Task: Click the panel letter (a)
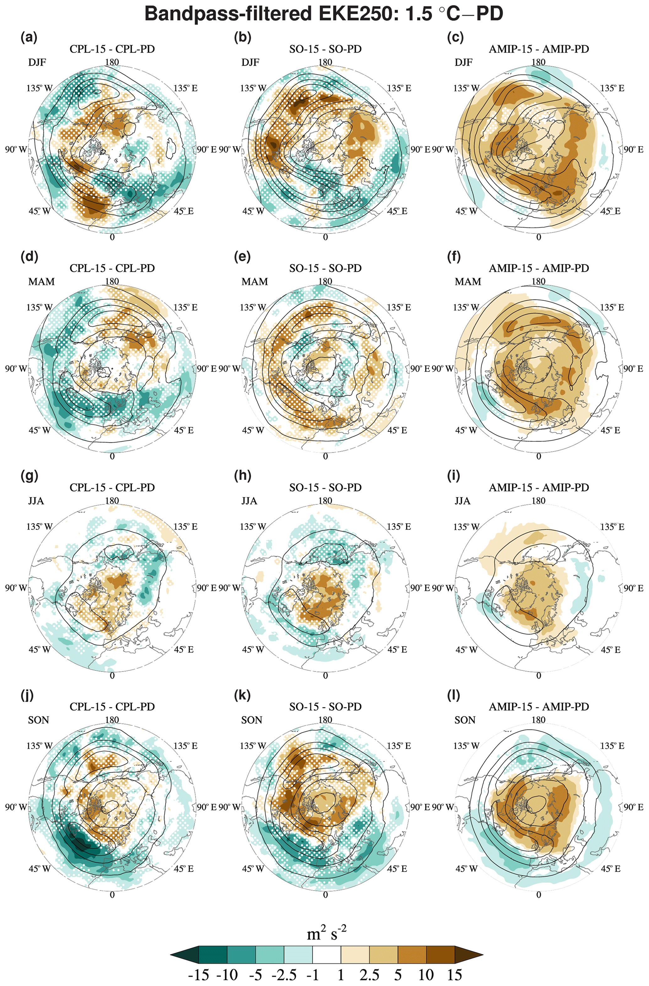[29, 38]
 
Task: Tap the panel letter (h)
[242, 476]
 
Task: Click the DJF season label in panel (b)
[251, 62]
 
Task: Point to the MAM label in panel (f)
[468, 282]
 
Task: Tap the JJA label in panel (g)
[36, 501]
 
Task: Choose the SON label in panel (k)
[251, 720]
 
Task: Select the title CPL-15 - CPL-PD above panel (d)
[112, 268]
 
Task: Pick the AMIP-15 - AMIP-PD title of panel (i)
[538, 487]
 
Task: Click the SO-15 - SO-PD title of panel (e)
[325, 268]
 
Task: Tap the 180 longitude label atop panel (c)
[538, 62]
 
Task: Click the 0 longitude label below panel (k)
[325, 895]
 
